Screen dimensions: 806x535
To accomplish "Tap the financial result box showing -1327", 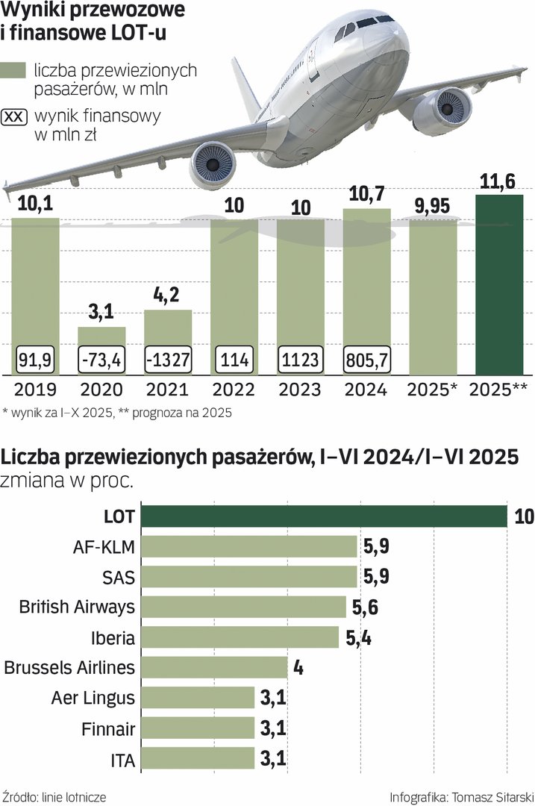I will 168,360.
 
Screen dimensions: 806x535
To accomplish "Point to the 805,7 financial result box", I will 366,360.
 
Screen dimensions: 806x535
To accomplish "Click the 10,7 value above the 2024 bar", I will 366,196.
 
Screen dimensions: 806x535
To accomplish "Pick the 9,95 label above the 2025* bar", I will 433,206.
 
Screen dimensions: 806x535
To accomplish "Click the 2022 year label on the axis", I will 234,390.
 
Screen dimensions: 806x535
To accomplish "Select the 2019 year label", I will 35,390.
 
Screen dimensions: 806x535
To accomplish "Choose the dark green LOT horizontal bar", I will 324,516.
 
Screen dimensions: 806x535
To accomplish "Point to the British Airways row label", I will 77,606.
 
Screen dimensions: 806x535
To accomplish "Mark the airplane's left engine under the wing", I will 212,164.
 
